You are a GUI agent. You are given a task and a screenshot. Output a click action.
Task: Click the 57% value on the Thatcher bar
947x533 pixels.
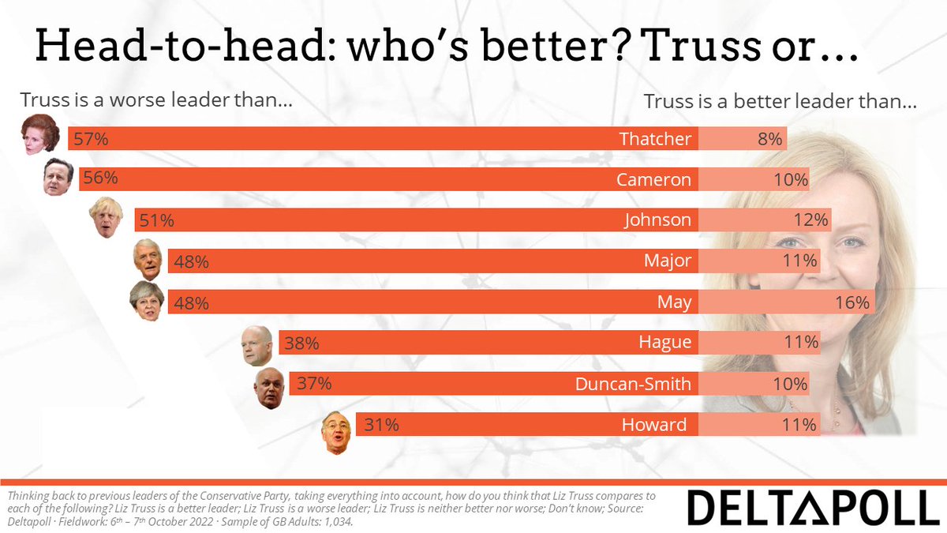point(90,139)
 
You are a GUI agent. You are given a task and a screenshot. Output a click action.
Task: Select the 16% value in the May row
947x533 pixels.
point(852,302)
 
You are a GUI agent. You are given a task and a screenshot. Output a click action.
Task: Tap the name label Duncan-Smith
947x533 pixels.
point(634,384)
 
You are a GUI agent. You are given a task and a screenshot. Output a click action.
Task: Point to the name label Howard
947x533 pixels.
point(655,425)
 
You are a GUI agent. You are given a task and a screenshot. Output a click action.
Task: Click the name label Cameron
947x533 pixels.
point(654,180)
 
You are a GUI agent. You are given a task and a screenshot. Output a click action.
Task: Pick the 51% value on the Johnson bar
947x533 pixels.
point(156,221)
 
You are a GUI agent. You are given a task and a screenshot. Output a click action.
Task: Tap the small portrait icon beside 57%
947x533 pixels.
point(41,134)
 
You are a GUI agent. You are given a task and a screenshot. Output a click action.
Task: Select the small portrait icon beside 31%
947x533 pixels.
point(336,433)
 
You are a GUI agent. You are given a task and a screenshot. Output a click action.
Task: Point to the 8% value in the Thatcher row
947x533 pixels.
point(769,139)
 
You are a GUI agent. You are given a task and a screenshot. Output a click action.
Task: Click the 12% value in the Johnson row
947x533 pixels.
point(810,221)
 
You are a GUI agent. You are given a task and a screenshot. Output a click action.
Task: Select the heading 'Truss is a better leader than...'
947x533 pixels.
point(780,101)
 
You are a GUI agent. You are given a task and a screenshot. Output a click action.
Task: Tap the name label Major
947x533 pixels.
point(668,261)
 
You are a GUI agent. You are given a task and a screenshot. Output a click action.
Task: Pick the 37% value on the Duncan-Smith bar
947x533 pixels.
point(314,384)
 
